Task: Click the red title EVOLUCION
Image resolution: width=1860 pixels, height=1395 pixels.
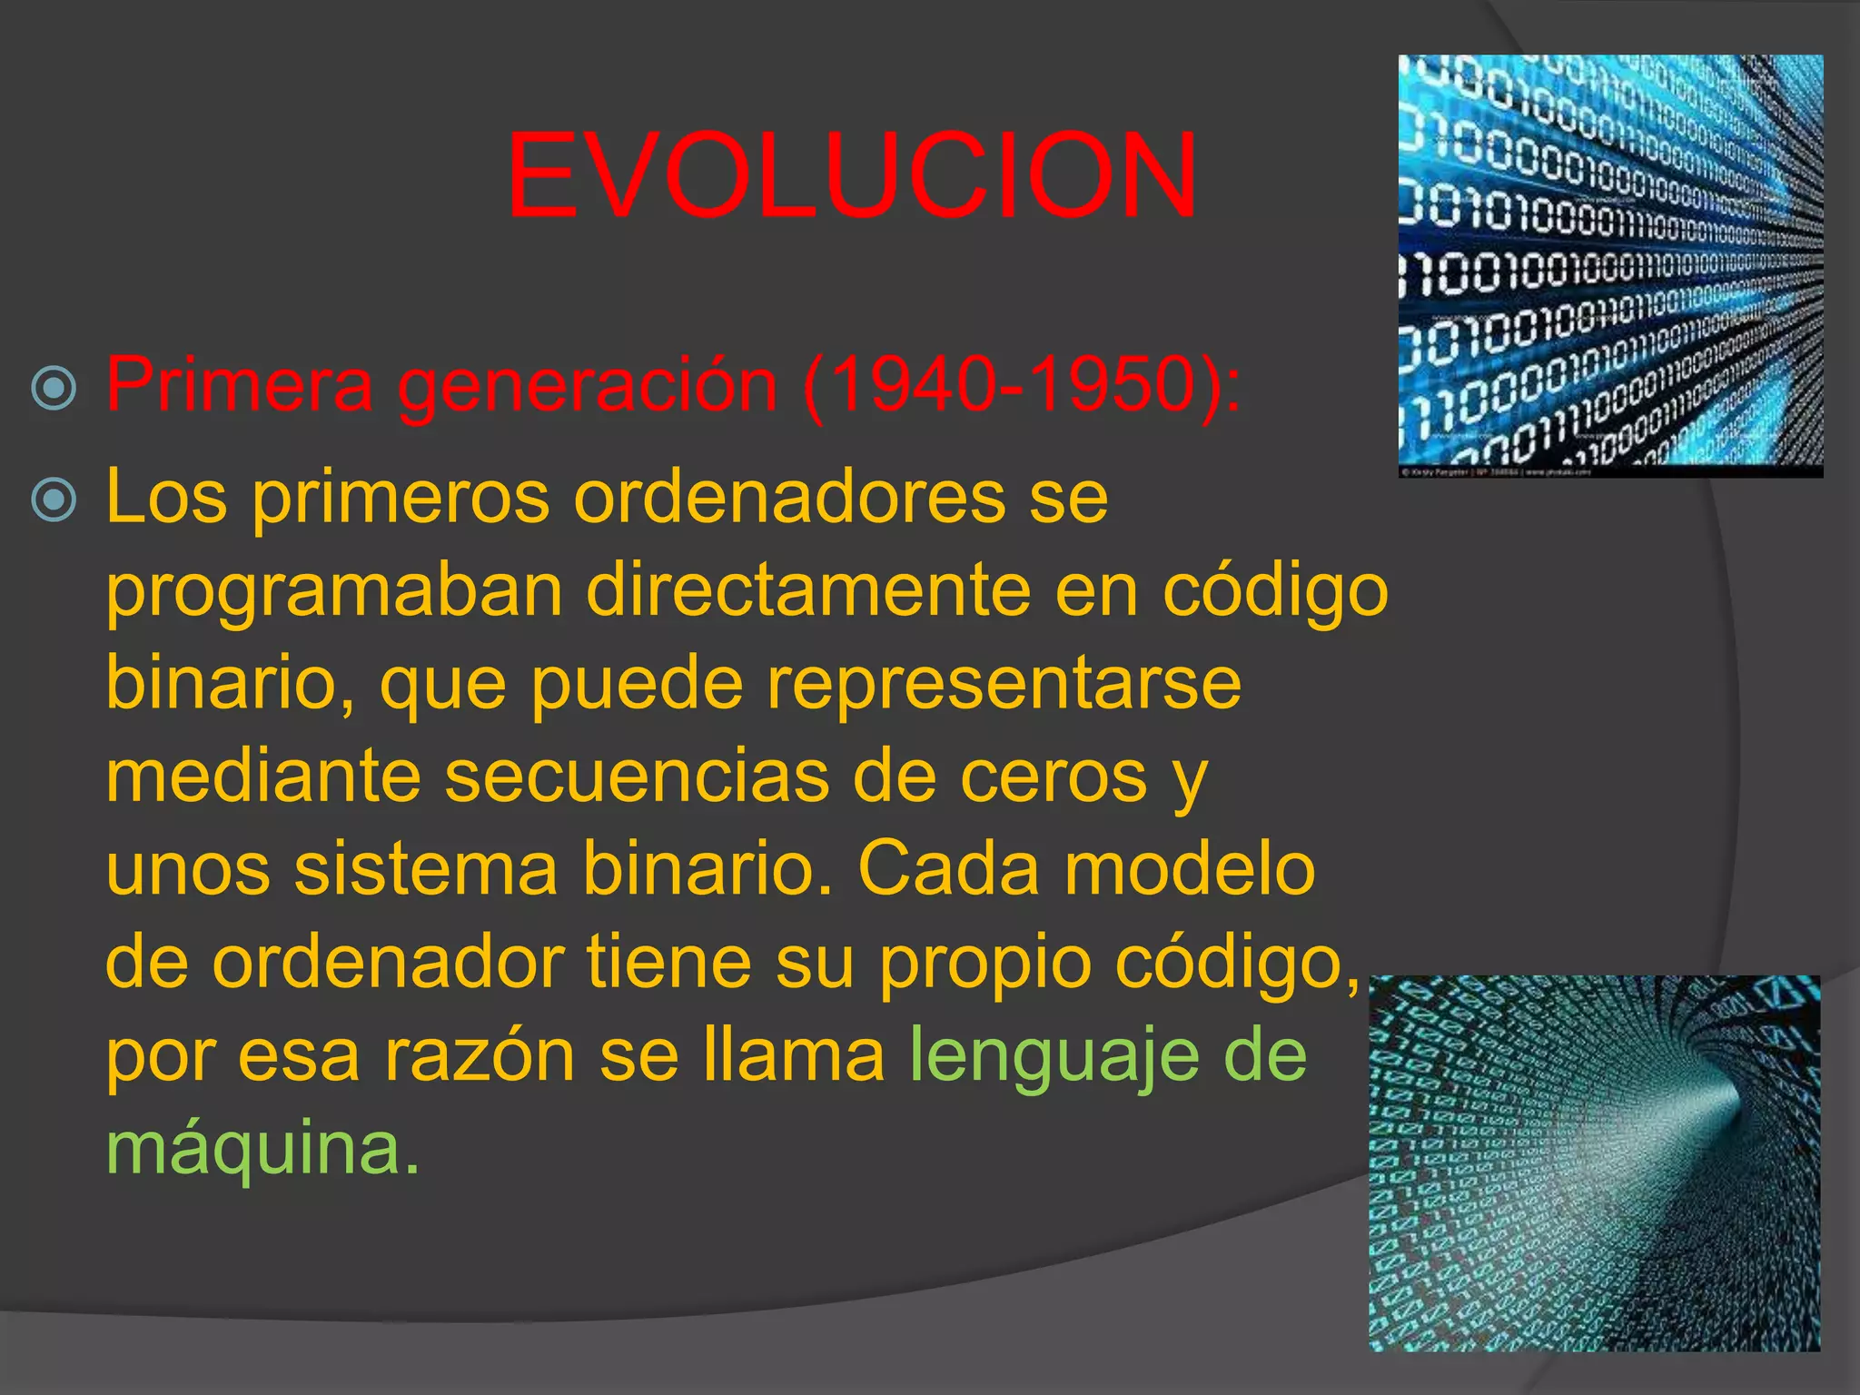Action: click(x=851, y=176)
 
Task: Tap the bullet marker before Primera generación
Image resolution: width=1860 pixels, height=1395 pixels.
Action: click(x=54, y=388)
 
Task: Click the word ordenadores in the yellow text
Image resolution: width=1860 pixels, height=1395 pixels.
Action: click(x=788, y=498)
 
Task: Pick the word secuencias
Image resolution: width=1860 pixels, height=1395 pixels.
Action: click(x=636, y=777)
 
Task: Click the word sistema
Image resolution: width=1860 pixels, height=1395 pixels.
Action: click(x=425, y=869)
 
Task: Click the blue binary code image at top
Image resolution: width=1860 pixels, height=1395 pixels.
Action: click(x=1609, y=265)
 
